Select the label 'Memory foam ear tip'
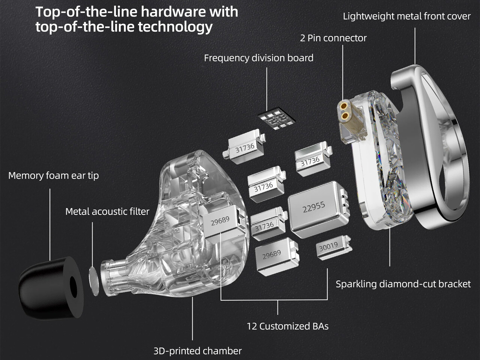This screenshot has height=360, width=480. coord(54,175)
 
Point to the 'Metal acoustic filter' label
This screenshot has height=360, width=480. coord(107,211)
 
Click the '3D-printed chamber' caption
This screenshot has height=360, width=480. coord(198,351)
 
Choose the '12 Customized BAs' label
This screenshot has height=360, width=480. coord(288,326)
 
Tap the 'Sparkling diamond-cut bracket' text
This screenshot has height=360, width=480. coord(403,284)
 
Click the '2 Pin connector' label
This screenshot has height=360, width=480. coord(333,38)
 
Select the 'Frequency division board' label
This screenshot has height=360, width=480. coord(259,58)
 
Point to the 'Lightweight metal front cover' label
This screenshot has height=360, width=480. coord(407,16)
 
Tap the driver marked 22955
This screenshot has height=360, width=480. coord(315,208)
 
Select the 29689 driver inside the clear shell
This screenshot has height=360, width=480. coord(220,221)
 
